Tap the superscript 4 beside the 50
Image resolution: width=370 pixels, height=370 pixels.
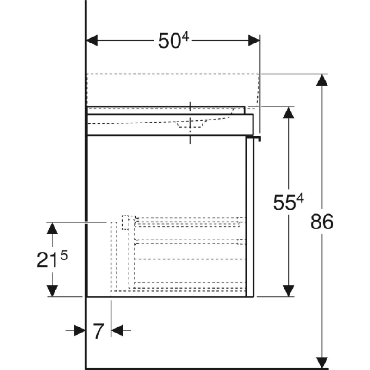click(x=185, y=37)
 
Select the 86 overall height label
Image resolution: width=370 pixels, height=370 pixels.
click(x=322, y=222)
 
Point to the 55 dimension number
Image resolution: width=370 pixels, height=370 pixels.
click(x=284, y=203)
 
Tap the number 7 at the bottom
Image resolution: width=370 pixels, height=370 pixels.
click(x=99, y=331)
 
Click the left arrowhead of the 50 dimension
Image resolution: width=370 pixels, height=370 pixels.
click(x=92, y=41)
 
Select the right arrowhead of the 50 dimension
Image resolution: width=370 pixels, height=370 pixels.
click(x=254, y=41)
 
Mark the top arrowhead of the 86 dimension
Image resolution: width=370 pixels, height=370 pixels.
click(x=322, y=80)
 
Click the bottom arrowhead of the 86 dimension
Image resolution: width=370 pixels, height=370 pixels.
click(x=322, y=363)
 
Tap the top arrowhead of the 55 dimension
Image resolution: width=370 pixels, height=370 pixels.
click(x=288, y=113)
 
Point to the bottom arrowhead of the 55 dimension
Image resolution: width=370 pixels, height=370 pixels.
click(x=288, y=291)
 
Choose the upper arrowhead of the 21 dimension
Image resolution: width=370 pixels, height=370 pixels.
click(x=52, y=228)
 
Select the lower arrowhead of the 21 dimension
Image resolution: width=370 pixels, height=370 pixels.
click(x=52, y=291)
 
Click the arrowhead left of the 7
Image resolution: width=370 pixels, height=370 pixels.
click(x=80, y=330)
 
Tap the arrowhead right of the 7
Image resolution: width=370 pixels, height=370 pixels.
click(x=117, y=330)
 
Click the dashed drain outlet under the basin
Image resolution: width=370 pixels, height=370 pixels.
click(x=190, y=124)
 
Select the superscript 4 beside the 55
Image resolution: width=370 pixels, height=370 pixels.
click(x=300, y=198)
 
